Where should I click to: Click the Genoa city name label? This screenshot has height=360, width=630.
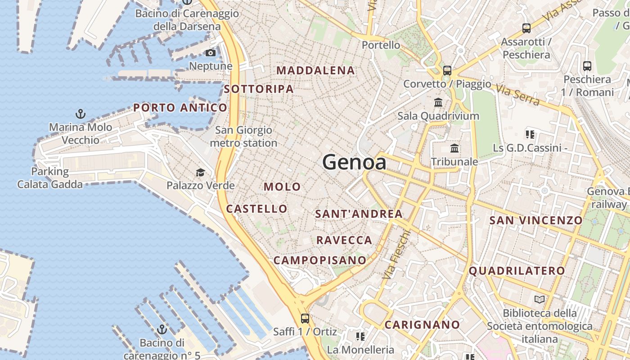(354, 162)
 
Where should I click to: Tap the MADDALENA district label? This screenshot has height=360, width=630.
(315, 71)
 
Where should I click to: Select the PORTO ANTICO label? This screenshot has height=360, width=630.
(180, 108)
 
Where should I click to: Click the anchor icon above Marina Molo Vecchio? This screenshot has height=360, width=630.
(81, 114)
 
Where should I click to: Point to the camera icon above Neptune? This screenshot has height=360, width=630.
(210, 53)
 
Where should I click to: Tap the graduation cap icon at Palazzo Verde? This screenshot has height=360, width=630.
(200, 172)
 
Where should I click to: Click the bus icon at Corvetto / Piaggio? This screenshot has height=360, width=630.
(447, 71)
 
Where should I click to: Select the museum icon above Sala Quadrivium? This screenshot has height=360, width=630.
(438, 103)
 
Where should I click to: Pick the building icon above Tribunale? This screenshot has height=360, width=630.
(454, 148)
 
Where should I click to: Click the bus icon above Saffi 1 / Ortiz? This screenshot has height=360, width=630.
(305, 319)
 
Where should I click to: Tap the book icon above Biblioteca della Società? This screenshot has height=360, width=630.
(539, 299)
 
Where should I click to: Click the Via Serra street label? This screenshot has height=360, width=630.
(517, 94)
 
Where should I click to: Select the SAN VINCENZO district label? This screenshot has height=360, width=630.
(535, 220)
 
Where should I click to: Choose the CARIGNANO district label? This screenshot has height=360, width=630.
(422, 324)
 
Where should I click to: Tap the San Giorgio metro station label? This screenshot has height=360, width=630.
(243, 137)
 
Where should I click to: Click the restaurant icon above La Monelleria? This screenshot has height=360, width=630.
(360, 337)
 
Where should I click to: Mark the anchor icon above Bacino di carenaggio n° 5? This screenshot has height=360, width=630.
(162, 329)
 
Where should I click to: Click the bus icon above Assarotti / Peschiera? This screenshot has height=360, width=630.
(526, 28)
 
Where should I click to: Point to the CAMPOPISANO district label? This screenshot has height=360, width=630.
(320, 260)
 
